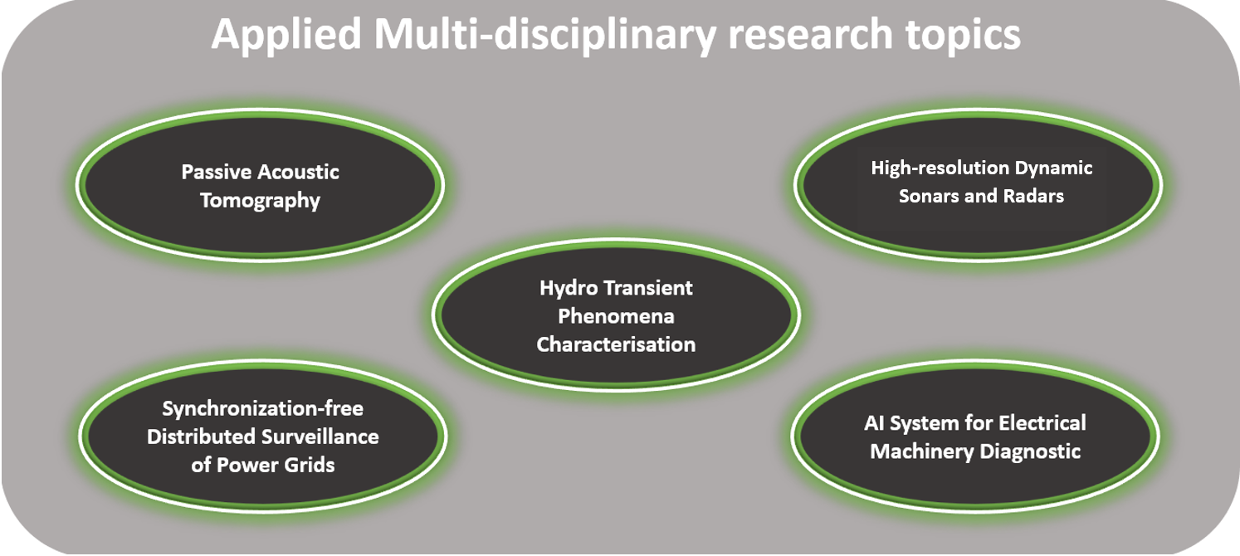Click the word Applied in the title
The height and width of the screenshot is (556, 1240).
pyautogui.click(x=286, y=35)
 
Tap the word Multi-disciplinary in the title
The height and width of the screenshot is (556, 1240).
pyautogui.click(x=545, y=35)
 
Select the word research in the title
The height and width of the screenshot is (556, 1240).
pyautogui.click(x=810, y=35)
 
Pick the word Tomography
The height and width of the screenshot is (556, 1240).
pyautogui.click(x=260, y=201)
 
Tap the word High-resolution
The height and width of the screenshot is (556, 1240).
pyautogui.click(x=935, y=168)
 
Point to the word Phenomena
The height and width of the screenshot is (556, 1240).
pyautogui.click(x=616, y=316)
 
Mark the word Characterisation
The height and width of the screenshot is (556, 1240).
pyautogui.click(x=616, y=344)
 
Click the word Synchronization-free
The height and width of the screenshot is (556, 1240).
pyautogui.click(x=263, y=409)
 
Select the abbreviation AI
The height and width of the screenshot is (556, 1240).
pyautogui.click(x=874, y=423)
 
